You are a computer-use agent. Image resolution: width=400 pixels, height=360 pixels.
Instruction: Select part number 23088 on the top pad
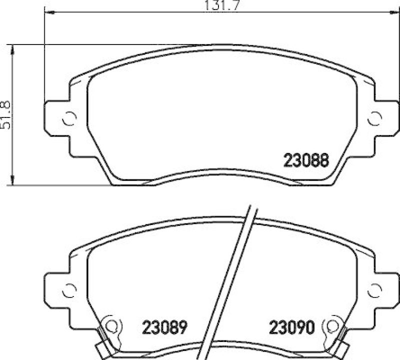[305, 161]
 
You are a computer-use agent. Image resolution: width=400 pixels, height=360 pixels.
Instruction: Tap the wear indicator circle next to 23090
[331, 326]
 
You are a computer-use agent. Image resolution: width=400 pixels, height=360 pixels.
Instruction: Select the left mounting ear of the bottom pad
[57, 289]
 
